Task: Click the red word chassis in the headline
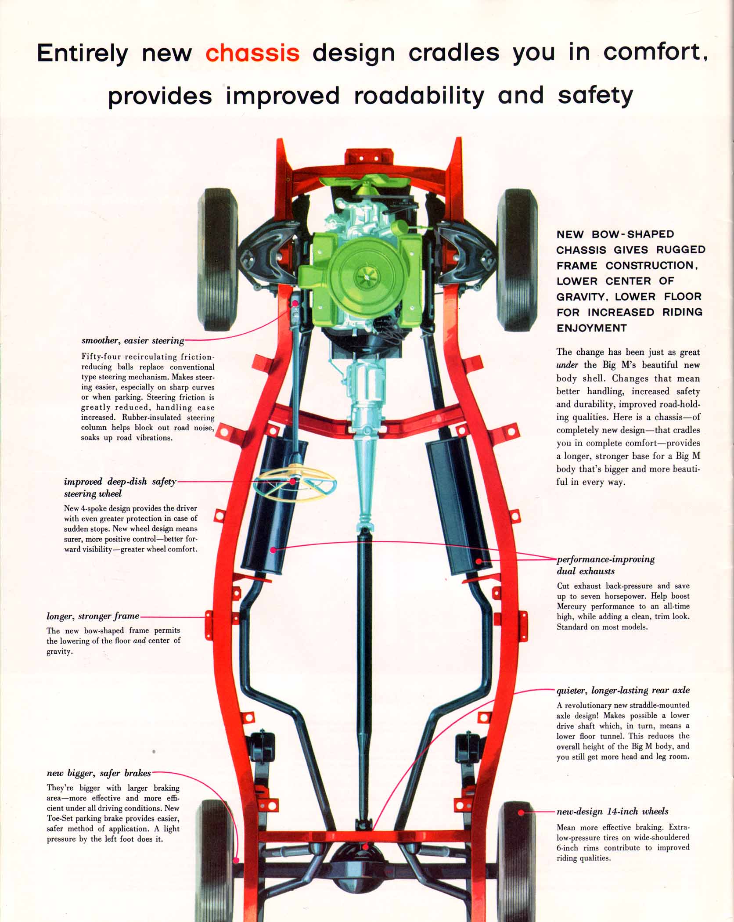point(252,53)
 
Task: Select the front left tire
point(218,259)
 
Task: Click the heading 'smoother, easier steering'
point(133,341)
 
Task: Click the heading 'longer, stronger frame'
point(93,616)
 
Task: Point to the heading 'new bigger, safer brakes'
point(99,773)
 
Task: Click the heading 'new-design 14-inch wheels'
point(612,811)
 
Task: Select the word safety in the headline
point(595,95)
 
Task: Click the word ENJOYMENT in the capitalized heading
point(591,328)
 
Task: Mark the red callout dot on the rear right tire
point(521,813)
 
